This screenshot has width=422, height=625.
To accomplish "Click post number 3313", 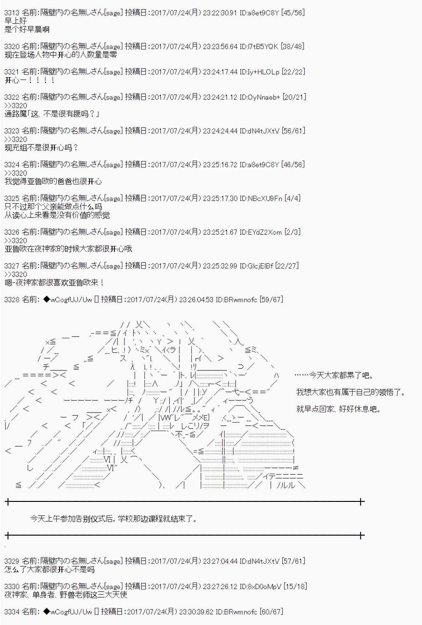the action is click(x=12, y=13).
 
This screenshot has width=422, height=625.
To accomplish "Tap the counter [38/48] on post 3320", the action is click(x=292, y=47).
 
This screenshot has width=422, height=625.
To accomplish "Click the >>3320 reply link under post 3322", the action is click(x=16, y=106).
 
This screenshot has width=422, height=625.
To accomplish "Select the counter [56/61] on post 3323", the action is click(x=293, y=131).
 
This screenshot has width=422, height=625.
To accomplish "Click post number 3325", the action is click(x=12, y=198).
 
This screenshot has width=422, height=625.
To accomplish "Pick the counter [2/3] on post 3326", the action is click(x=292, y=232).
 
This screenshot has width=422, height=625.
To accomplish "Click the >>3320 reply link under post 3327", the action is click(x=16, y=274).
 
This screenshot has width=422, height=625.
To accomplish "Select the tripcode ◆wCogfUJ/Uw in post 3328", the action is click(x=68, y=300).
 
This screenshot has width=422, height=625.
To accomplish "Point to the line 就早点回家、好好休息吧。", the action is click(x=339, y=409).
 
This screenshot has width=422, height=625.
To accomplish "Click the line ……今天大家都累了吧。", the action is click(x=334, y=375).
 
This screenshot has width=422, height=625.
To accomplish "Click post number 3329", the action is click(x=12, y=561).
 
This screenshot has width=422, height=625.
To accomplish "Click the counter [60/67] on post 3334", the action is click(x=271, y=612).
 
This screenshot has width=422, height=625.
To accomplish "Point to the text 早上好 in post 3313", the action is click(x=16, y=21).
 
